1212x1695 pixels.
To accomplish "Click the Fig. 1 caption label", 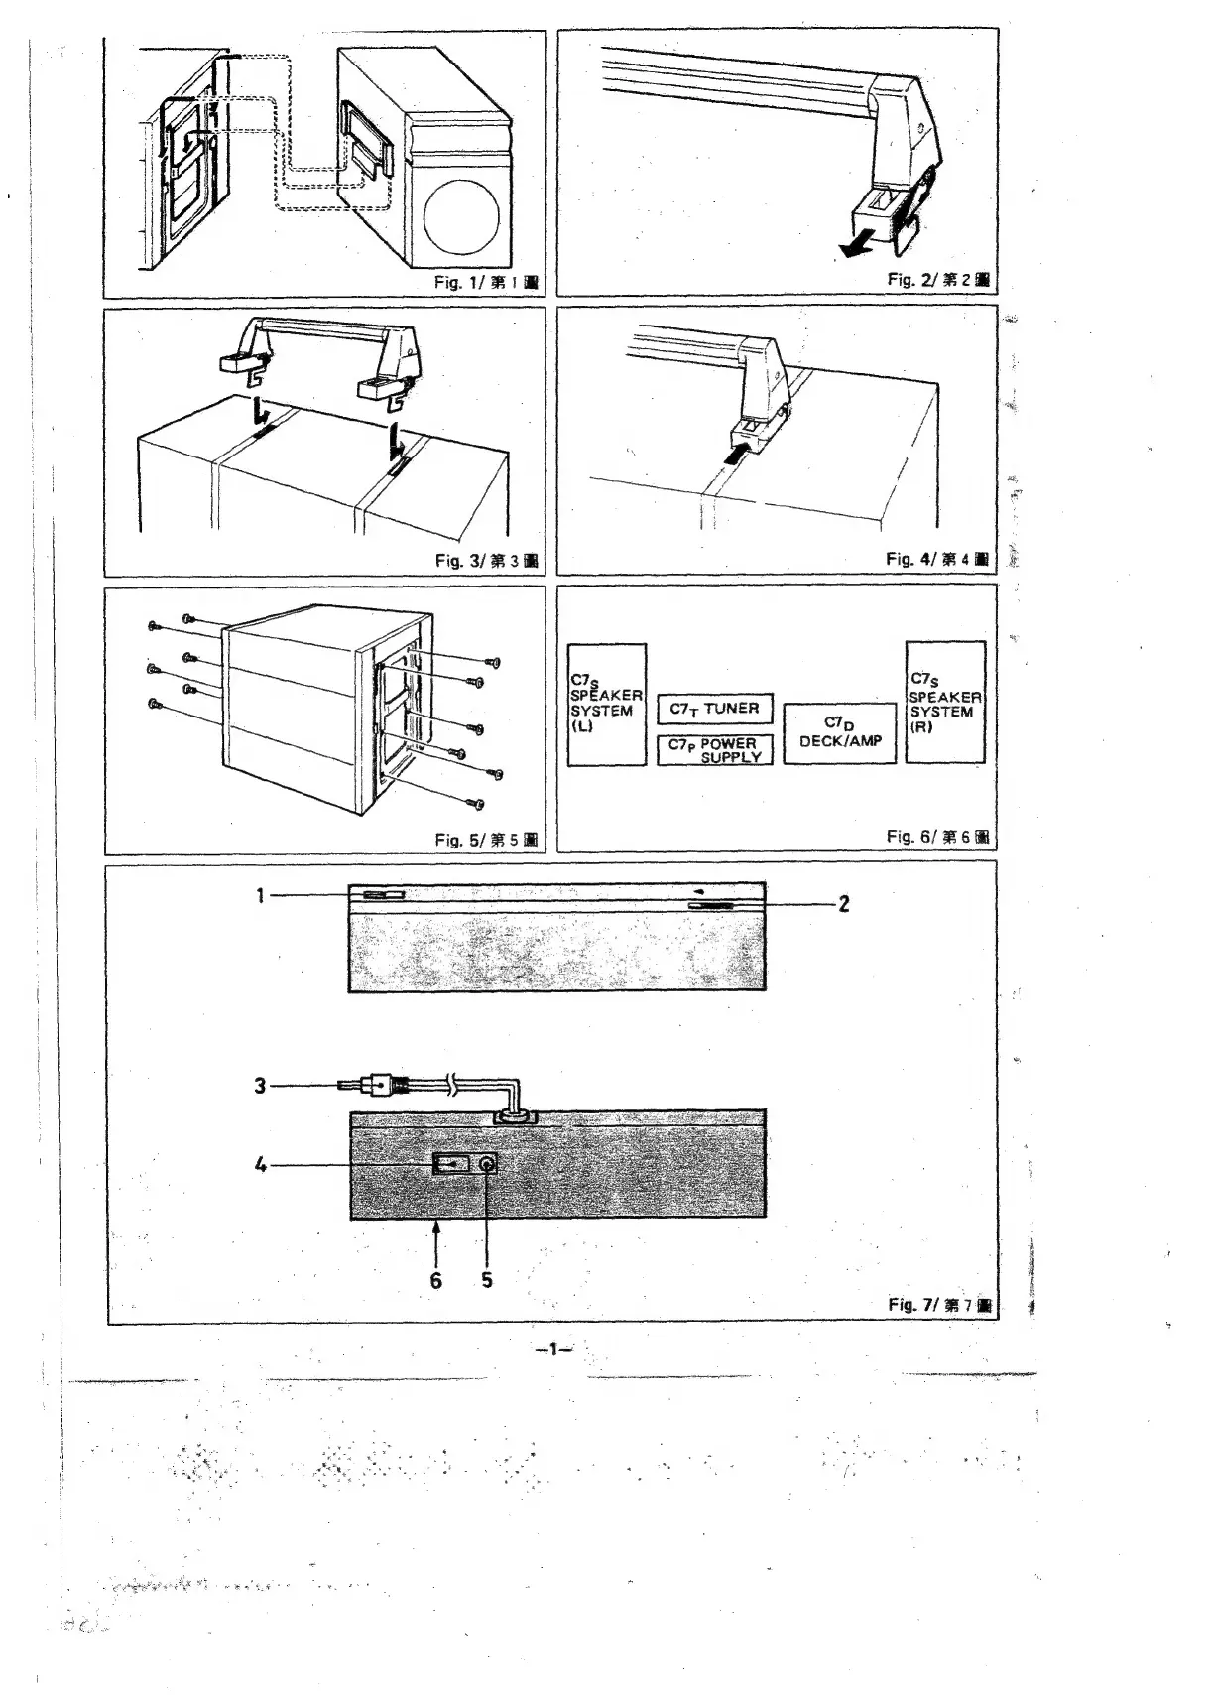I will (486, 283).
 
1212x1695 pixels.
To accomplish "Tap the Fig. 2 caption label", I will (938, 280).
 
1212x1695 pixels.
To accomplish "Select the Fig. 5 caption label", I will (486, 841).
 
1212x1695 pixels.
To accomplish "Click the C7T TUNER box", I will (715, 709).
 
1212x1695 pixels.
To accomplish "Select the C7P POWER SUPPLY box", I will (715, 750).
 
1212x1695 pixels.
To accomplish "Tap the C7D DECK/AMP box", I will (840, 733).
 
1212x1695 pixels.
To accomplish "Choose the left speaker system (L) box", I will (606, 705).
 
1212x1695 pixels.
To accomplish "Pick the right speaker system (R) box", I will (945, 703).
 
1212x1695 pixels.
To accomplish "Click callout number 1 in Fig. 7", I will (261, 895).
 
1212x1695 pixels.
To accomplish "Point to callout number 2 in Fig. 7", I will (844, 904).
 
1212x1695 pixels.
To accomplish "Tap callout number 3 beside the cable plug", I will (260, 1086).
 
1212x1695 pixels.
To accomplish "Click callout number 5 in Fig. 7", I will (487, 1280).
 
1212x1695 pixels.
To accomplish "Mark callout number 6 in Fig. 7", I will (436, 1280).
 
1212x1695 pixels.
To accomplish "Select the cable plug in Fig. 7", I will (381, 1086).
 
